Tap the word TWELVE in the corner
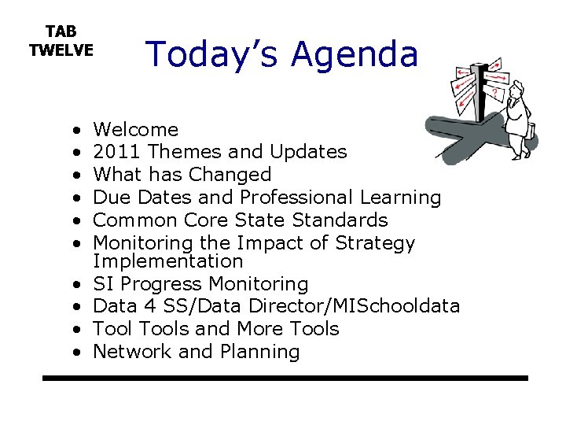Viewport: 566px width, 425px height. (61, 50)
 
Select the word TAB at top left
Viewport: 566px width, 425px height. (61, 31)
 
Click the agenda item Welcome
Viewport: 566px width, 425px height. (135, 129)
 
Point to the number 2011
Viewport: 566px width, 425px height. (117, 152)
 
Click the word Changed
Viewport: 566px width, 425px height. (233, 175)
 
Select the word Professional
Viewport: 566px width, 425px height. (296, 198)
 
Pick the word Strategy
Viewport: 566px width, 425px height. (375, 243)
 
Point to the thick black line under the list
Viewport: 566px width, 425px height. (285, 379)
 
